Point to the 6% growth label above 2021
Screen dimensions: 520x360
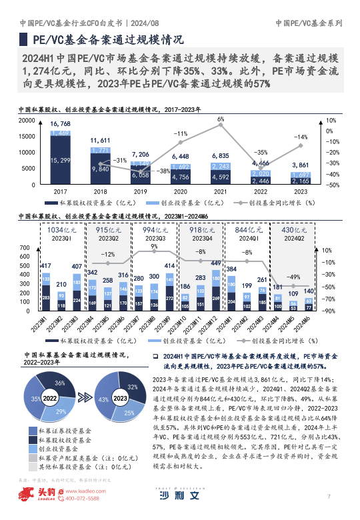point(221,119)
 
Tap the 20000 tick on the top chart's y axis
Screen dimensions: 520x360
point(27,121)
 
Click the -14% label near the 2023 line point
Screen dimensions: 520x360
point(301,137)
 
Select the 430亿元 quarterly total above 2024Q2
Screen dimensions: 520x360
point(294,229)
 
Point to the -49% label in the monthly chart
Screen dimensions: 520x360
point(291,277)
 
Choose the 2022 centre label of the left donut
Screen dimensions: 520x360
point(49,398)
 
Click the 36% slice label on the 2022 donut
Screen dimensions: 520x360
point(59,383)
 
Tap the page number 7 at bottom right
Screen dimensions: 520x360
point(329,496)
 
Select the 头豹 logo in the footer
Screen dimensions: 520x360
point(33,495)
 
